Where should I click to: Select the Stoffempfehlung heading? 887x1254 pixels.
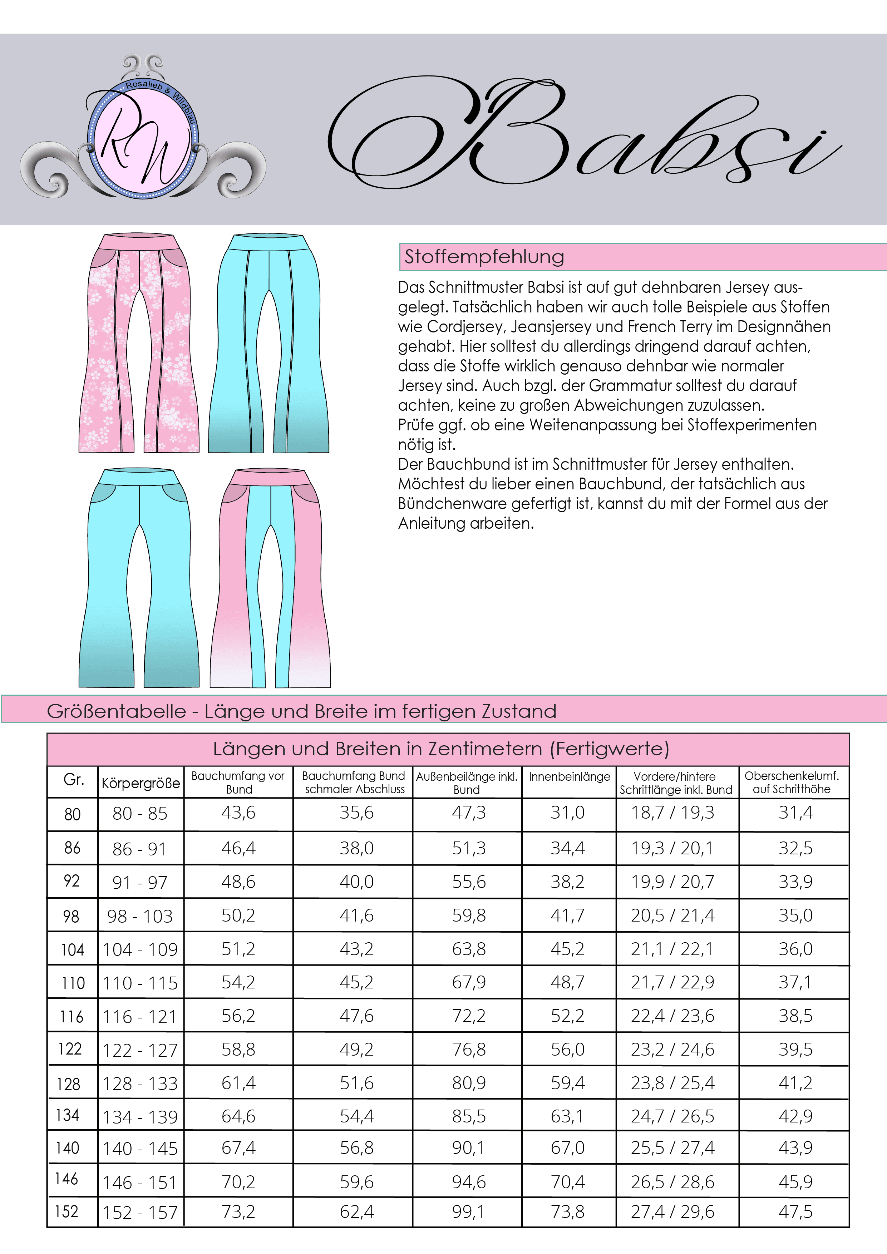coord(484,257)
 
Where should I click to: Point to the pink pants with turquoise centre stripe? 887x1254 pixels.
coord(270,578)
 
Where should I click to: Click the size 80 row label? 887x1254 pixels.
coord(73,814)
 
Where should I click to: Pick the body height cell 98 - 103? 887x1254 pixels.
coord(140,916)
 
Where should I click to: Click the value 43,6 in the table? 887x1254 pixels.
coord(238,813)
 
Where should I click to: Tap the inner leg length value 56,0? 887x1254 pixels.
coord(567,1049)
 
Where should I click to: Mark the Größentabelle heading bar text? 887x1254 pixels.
coord(301,711)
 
